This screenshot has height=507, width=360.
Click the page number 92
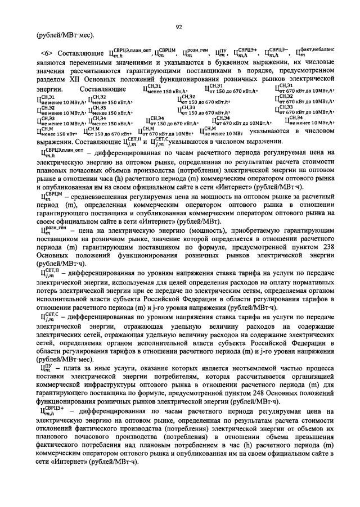click(x=178, y=26)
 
